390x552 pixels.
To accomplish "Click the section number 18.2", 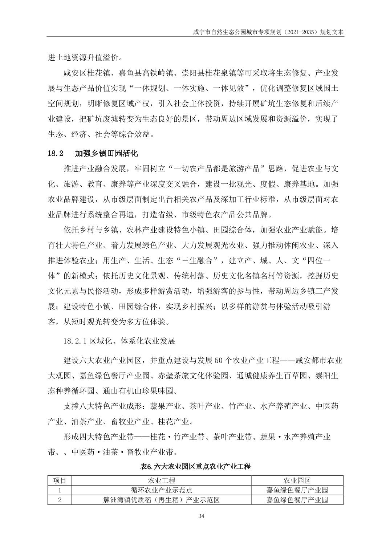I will point(56,154).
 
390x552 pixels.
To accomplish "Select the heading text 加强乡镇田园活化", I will point(106,154).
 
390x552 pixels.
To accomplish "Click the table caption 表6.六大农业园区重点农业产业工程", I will point(195,467).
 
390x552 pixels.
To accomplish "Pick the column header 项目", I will point(60,480).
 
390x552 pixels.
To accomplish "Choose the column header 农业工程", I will point(161,480).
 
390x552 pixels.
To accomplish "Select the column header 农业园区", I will point(297,480).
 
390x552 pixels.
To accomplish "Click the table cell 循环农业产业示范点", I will point(161,490).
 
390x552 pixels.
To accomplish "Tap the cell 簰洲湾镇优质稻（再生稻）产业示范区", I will point(161,500).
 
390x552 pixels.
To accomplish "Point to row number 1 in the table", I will point(60,490).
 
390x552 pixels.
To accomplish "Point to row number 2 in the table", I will point(60,500).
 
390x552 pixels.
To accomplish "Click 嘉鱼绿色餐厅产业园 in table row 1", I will point(297,490).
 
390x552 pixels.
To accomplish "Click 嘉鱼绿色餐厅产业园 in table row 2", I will point(297,500).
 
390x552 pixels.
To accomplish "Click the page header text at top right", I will point(268,32).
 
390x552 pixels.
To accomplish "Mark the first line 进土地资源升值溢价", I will point(85,57).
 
